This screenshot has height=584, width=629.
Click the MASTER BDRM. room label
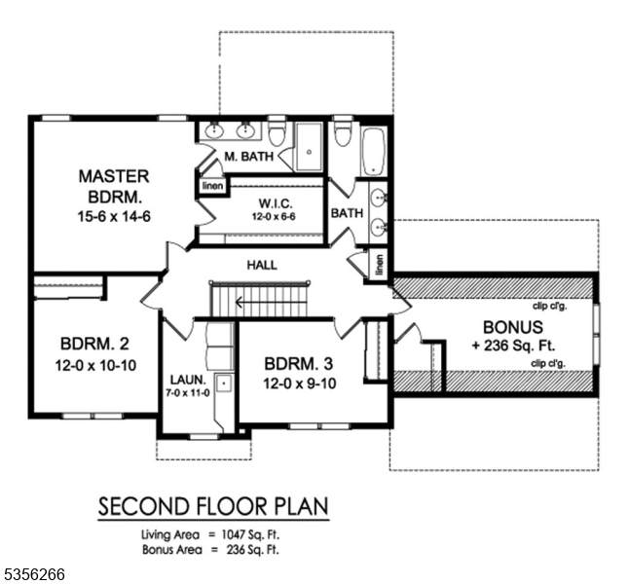click(114, 187)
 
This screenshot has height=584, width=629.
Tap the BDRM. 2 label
click(95, 344)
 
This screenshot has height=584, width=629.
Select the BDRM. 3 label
click(299, 364)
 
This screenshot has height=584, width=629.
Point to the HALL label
click(262, 265)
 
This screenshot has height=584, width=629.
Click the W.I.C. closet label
click(276, 202)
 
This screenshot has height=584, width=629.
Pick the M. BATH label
click(248, 156)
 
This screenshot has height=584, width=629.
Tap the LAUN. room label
click(188, 380)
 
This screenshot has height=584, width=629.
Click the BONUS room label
click(513, 327)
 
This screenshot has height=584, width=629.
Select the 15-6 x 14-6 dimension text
click(114, 217)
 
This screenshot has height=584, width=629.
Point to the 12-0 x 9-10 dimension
click(300, 383)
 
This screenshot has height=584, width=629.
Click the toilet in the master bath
click(277, 133)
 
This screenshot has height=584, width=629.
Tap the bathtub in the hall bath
click(374, 152)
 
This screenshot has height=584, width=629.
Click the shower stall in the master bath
click(309, 147)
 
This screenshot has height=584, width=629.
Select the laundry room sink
click(224, 383)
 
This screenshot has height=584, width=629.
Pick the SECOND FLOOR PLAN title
click(213, 506)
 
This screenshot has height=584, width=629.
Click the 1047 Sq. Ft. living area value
click(250, 534)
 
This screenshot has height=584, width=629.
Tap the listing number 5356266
click(32, 574)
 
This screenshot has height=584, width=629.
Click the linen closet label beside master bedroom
click(212, 186)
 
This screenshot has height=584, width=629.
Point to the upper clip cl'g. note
click(549, 307)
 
